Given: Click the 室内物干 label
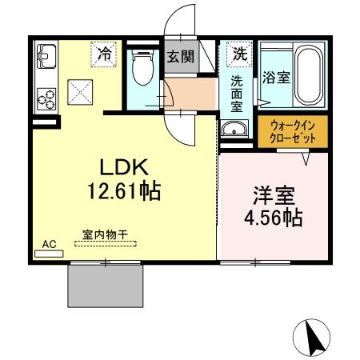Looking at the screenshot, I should point(106,236).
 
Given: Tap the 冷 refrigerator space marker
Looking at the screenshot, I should point(104,54).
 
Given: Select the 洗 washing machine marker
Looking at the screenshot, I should point(239,54).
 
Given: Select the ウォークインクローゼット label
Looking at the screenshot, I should point(292,131).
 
